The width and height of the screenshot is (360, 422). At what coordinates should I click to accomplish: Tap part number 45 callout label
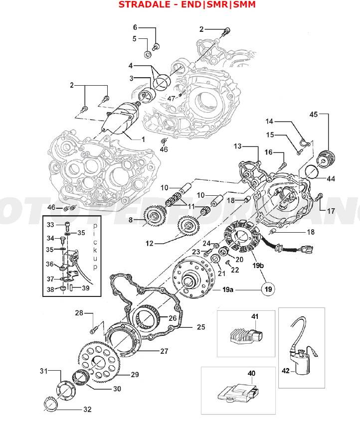(x=313, y=115)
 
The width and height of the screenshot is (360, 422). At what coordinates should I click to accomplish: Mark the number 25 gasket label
(x=201, y=327)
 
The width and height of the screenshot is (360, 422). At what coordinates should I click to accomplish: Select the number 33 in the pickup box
(x=50, y=225)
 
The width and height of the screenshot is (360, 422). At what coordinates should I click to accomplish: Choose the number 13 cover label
(x=238, y=146)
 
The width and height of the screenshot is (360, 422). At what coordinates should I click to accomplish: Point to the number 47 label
(x=171, y=99)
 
